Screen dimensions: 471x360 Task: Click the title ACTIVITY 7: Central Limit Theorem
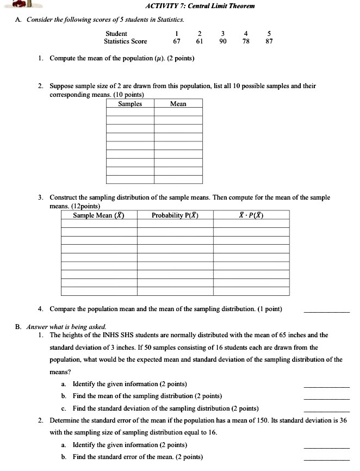click(x=200, y=7)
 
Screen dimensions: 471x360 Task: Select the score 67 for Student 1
click(x=177, y=41)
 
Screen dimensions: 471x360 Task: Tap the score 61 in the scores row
click(x=200, y=41)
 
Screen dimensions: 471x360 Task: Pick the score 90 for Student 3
click(x=223, y=41)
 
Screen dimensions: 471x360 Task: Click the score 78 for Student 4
click(x=246, y=41)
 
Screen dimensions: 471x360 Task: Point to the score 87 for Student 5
click(x=269, y=41)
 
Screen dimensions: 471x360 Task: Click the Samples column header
click(x=130, y=104)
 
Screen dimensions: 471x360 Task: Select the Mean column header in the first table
click(x=178, y=104)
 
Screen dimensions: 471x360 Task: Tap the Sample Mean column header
click(x=99, y=215)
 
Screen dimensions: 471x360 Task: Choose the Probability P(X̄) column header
click(x=175, y=215)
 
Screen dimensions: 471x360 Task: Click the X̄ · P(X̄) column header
click(x=251, y=215)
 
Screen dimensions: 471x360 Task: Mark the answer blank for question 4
click(x=326, y=312)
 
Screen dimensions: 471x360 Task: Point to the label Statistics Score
click(x=126, y=41)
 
